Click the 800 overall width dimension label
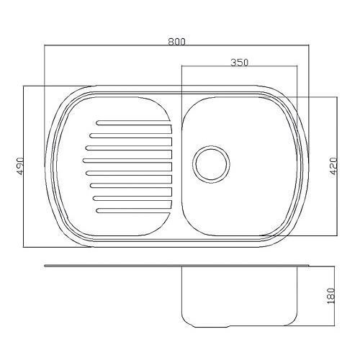177,42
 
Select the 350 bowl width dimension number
239,63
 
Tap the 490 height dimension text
19,166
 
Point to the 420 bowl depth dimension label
333,166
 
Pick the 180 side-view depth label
331,296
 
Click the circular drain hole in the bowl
211,164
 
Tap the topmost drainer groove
134,122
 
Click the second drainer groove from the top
131,135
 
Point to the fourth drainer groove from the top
127,161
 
